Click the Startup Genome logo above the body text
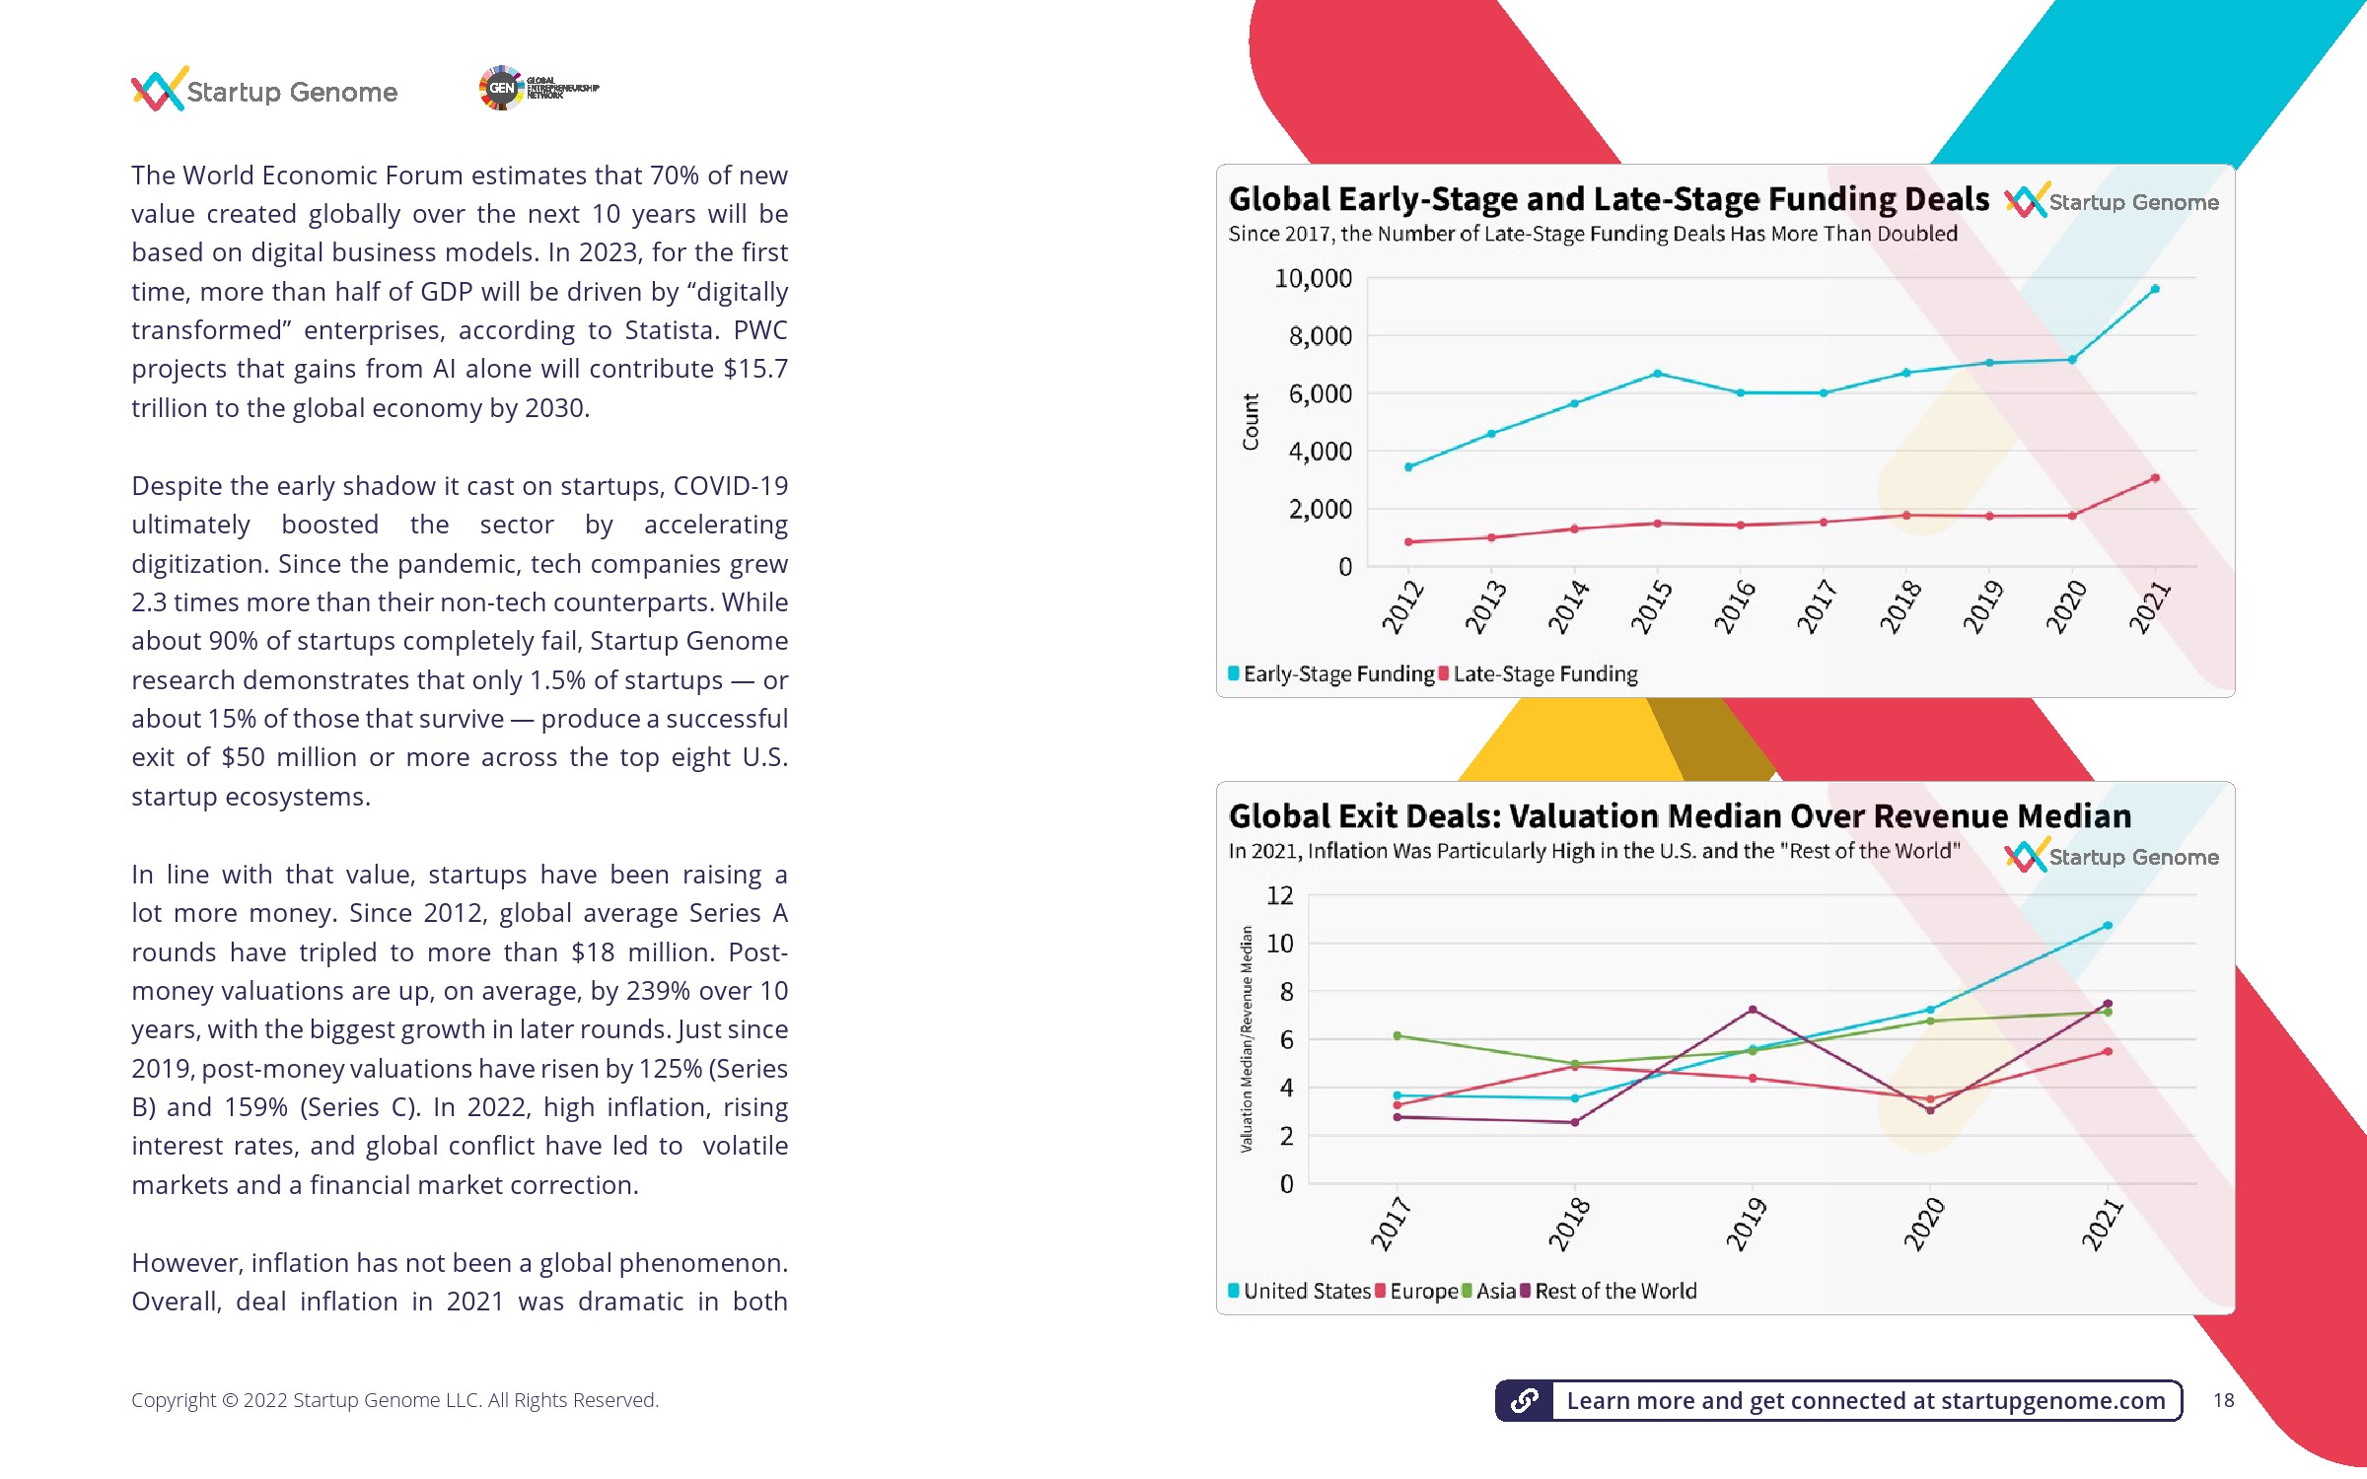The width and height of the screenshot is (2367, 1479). (x=264, y=91)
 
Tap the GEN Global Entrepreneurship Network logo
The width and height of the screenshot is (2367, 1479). (x=538, y=88)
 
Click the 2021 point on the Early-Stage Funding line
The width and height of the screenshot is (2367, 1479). (x=2155, y=289)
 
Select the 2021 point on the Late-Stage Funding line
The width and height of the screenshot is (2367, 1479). (x=2155, y=478)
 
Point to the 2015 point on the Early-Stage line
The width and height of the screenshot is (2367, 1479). (x=1658, y=374)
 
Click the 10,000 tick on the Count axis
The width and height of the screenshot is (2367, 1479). (x=1313, y=279)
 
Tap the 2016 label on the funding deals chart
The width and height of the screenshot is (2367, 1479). (x=1735, y=605)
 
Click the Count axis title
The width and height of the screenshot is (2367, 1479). (x=1251, y=422)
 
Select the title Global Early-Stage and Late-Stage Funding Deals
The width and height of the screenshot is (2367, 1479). (x=1609, y=199)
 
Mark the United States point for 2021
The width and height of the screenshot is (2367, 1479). (x=2108, y=926)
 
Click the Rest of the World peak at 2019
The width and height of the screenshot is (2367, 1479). (x=1753, y=1010)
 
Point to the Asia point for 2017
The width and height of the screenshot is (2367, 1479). (x=1397, y=1035)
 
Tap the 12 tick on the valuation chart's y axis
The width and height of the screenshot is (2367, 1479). (x=1280, y=895)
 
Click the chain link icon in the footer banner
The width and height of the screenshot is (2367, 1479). (x=1525, y=1400)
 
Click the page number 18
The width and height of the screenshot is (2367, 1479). (x=2223, y=1400)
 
